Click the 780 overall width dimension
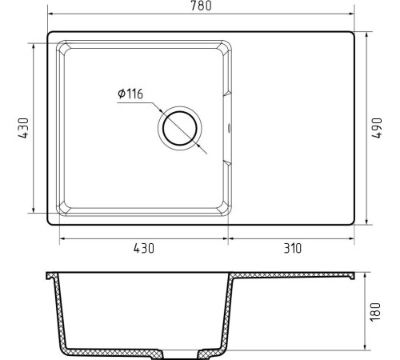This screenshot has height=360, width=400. pyautogui.click(x=201, y=6)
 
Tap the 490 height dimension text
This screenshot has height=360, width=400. pyautogui.click(x=377, y=128)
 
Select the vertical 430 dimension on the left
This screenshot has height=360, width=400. pyautogui.click(x=23, y=128)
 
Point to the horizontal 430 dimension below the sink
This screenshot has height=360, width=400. pyautogui.click(x=144, y=248)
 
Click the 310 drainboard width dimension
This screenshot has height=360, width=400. pyautogui.click(x=293, y=248)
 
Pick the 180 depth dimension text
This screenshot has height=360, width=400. pyautogui.click(x=375, y=312)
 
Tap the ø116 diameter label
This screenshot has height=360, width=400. pyautogui.click(x=130, y=94)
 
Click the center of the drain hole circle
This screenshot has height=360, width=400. pyautogui.click(x=180, y=128)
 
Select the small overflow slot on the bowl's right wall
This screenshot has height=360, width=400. pyautogui.click(x=229, y=128)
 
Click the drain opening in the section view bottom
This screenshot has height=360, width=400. pyautogui.click(x=180, y=354)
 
